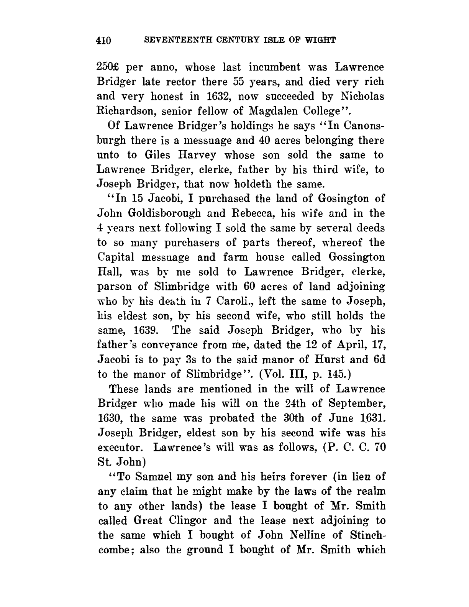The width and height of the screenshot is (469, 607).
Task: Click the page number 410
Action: [103, 40]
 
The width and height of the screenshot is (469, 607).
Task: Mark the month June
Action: [339, 418]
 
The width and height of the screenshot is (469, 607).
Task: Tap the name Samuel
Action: [147, 477]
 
